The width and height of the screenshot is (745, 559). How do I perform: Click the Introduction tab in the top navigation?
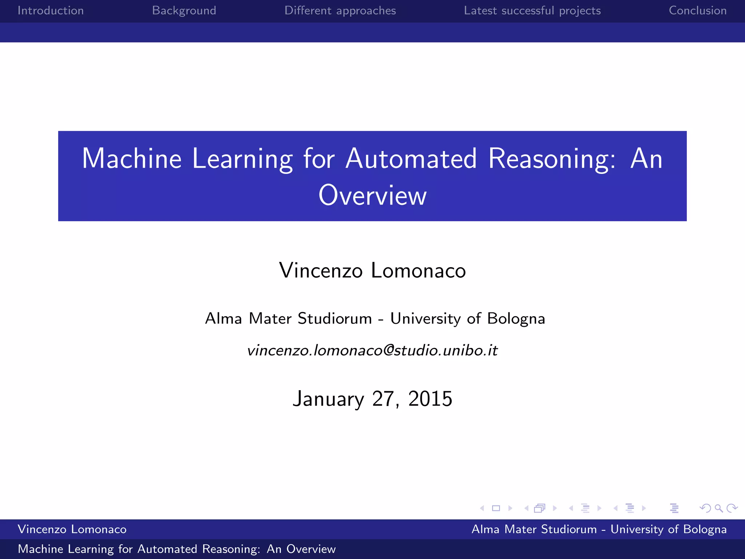pyautogui.click(x=51, y=11)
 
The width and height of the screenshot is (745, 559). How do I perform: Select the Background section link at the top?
pyautogui.click(x=184, y=11)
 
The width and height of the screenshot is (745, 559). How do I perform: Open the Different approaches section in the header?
pyautogui.click(x=340, y=11)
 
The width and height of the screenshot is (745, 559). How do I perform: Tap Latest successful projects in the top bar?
pyautogui.click(x=532, y=11)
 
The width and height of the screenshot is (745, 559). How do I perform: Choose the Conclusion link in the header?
pyautogui.click(x=698, y=11)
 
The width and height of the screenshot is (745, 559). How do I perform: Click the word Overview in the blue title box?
pyautogui.click(x=372, y=195)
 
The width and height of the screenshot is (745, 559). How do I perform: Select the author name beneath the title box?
pyautogui.click(x=372, y=270)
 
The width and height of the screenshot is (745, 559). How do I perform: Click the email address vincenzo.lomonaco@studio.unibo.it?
pyautogui.click(x=372, y=350)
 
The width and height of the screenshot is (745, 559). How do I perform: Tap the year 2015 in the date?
pyautogui.click(x=430, y=399)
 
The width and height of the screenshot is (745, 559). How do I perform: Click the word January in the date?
pyautogui.click(x=328, y=399)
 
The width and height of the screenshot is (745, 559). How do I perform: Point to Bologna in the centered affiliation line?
pyautogui.click(x=516, y=318)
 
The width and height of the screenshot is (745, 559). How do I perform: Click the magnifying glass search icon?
pyautogui.click(x=718, y=508)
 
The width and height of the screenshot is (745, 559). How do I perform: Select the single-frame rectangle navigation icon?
pyautogui.click(x=496, y=508)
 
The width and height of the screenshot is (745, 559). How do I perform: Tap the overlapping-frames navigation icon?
pyautogui.click(x=540, y=508)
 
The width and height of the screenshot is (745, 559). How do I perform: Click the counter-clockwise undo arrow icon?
pyautogui.click(x=705, y=508)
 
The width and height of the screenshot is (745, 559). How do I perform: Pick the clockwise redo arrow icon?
pyautogui.click(x=732, y=508)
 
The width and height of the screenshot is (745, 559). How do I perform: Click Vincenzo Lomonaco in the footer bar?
pyautogui.click(x=72, y=529)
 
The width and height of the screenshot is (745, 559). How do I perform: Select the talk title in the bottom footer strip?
pyautogui.click(x=177, y=549)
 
